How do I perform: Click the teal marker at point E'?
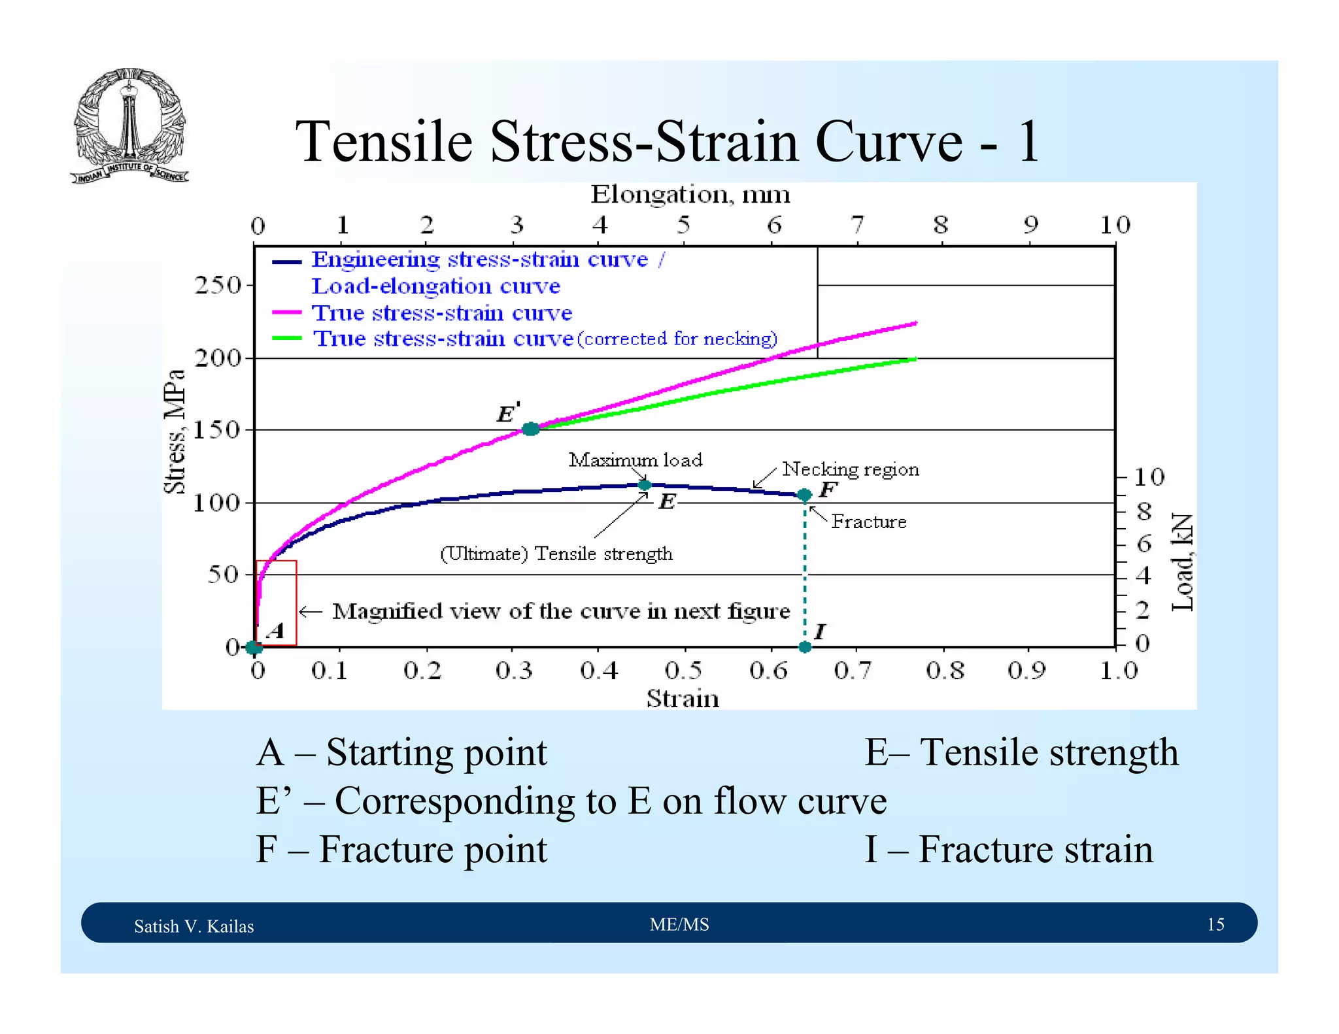pos(530,429)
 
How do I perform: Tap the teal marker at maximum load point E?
pos(644,485)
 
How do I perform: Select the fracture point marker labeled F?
pos(805,495)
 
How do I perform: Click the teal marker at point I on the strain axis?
pos(805,647)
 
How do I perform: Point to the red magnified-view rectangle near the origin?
pos(277,603)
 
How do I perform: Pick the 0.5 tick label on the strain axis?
pos(683,671)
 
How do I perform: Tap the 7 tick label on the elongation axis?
pos(857,225)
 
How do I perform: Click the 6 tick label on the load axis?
pos(1144,544)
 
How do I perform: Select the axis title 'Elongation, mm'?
pos(690,195)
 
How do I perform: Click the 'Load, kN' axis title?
pos(1182,562)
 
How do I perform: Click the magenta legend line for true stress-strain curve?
pos(287,313)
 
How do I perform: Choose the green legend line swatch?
pos(287,339)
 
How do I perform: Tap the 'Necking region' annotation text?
pos(851,469)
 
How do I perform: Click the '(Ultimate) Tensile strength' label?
pos(556,554)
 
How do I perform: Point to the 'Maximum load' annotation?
pos(636,460)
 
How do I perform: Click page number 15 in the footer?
pos(1215,924)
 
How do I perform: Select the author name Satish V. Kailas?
pos(194,926)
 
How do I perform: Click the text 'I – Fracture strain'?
pos(1009,850)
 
